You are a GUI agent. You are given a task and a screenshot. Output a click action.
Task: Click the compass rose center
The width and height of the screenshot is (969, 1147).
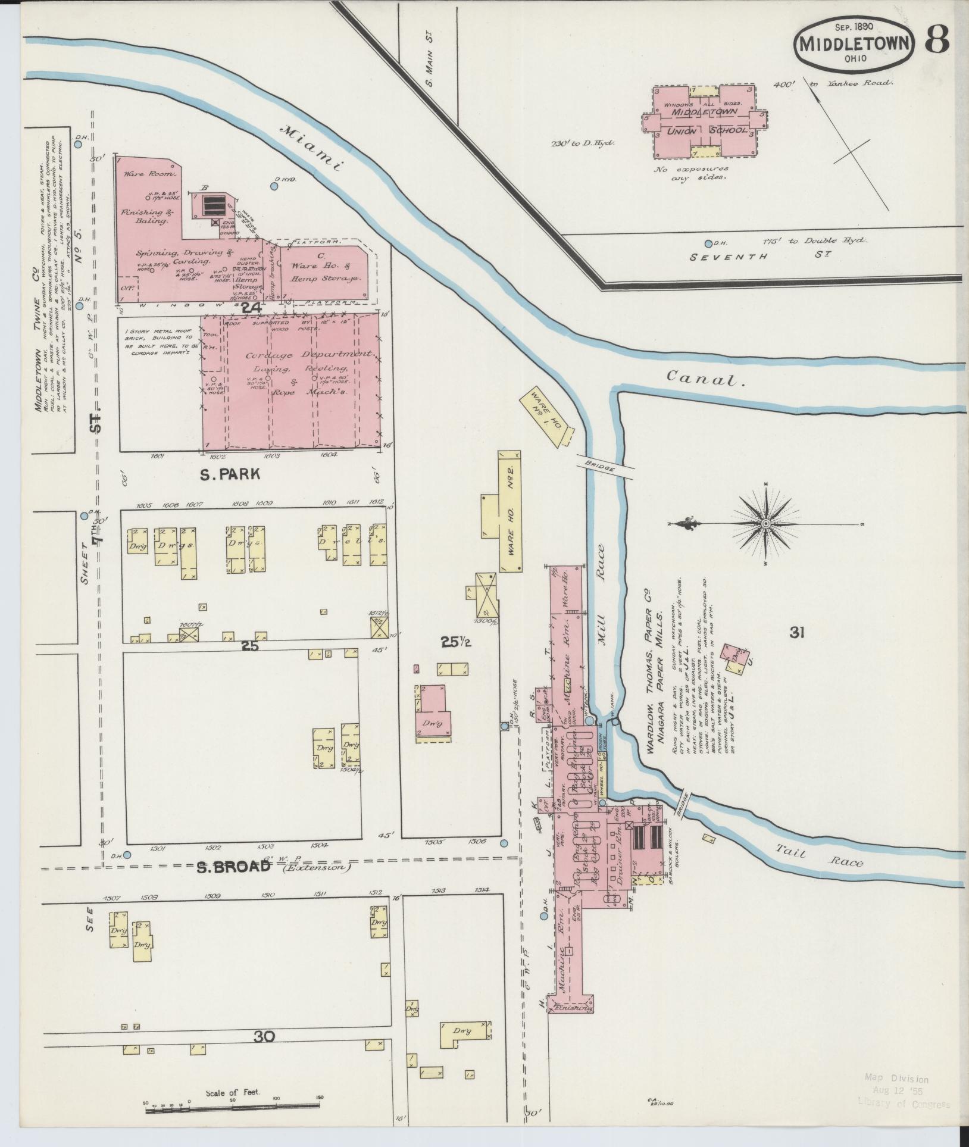[x=767, y=523]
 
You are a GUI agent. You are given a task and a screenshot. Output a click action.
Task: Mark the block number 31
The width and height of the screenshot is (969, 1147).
[x=797, y=634]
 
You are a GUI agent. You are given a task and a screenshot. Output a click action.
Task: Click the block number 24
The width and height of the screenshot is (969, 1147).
[x=252, y=308]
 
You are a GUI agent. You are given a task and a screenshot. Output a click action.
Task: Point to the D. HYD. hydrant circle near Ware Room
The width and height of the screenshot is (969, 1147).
[x=274, y=186]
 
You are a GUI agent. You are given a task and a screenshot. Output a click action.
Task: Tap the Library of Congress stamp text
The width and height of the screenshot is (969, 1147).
[x=904, y=1104]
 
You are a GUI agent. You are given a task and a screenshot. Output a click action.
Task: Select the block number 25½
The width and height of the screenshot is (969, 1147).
[x=453, y=642]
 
